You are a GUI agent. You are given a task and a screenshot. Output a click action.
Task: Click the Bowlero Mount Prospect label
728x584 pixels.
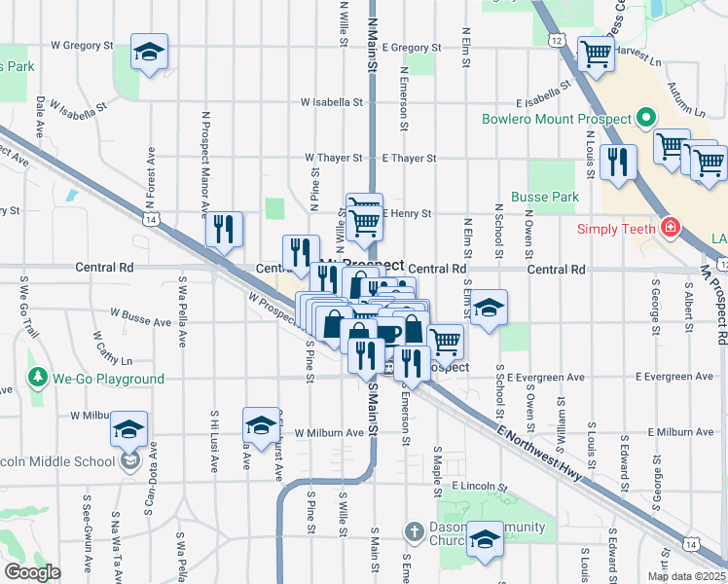click(x=558, y=121)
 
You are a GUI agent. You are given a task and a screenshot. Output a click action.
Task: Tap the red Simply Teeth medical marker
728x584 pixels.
click(x=670, y=229)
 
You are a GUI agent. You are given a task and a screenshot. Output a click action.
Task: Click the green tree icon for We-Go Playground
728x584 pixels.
click(x=39, y=378)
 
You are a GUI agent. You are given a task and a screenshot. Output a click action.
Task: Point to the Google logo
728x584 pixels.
click(x=32, y=572)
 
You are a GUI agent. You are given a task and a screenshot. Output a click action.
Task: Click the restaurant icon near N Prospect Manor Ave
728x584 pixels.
click(x=224, y=229)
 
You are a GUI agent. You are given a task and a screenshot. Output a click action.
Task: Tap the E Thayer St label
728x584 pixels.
click(x=409, y=158)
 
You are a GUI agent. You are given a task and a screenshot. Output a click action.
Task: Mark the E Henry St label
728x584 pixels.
click(x=407, y=213)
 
